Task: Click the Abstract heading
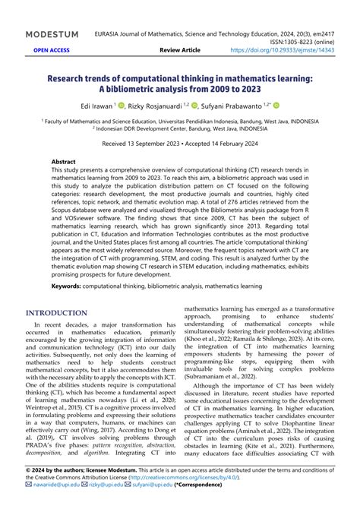coord(63,162)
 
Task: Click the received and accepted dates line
coord(180,142)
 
